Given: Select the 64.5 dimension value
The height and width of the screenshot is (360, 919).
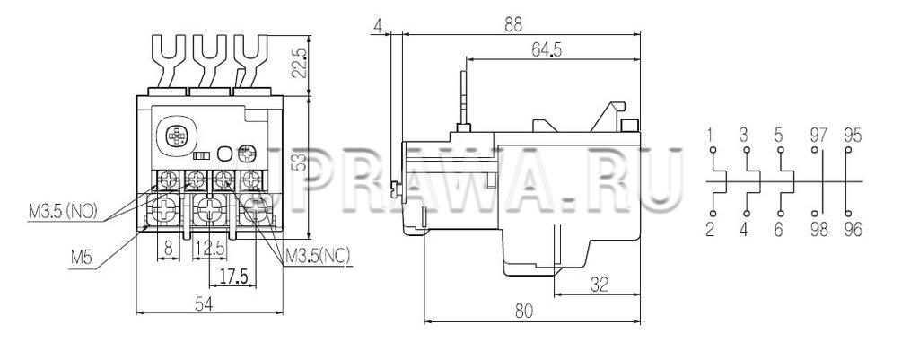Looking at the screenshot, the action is [547, 50].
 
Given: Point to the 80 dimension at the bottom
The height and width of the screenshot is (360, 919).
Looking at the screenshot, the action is [524, 311].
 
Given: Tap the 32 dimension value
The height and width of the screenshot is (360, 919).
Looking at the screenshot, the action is [599, 285].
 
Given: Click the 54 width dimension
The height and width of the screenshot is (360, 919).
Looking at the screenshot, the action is [203, 303].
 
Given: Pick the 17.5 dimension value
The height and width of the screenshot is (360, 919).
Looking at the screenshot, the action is [232, 275].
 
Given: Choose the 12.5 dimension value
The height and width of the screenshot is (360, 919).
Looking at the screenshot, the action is [209, 249].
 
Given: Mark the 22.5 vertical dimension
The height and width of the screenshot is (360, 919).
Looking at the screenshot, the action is [299, 63].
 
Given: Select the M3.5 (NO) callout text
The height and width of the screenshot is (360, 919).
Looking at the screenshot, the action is [63, 210].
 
